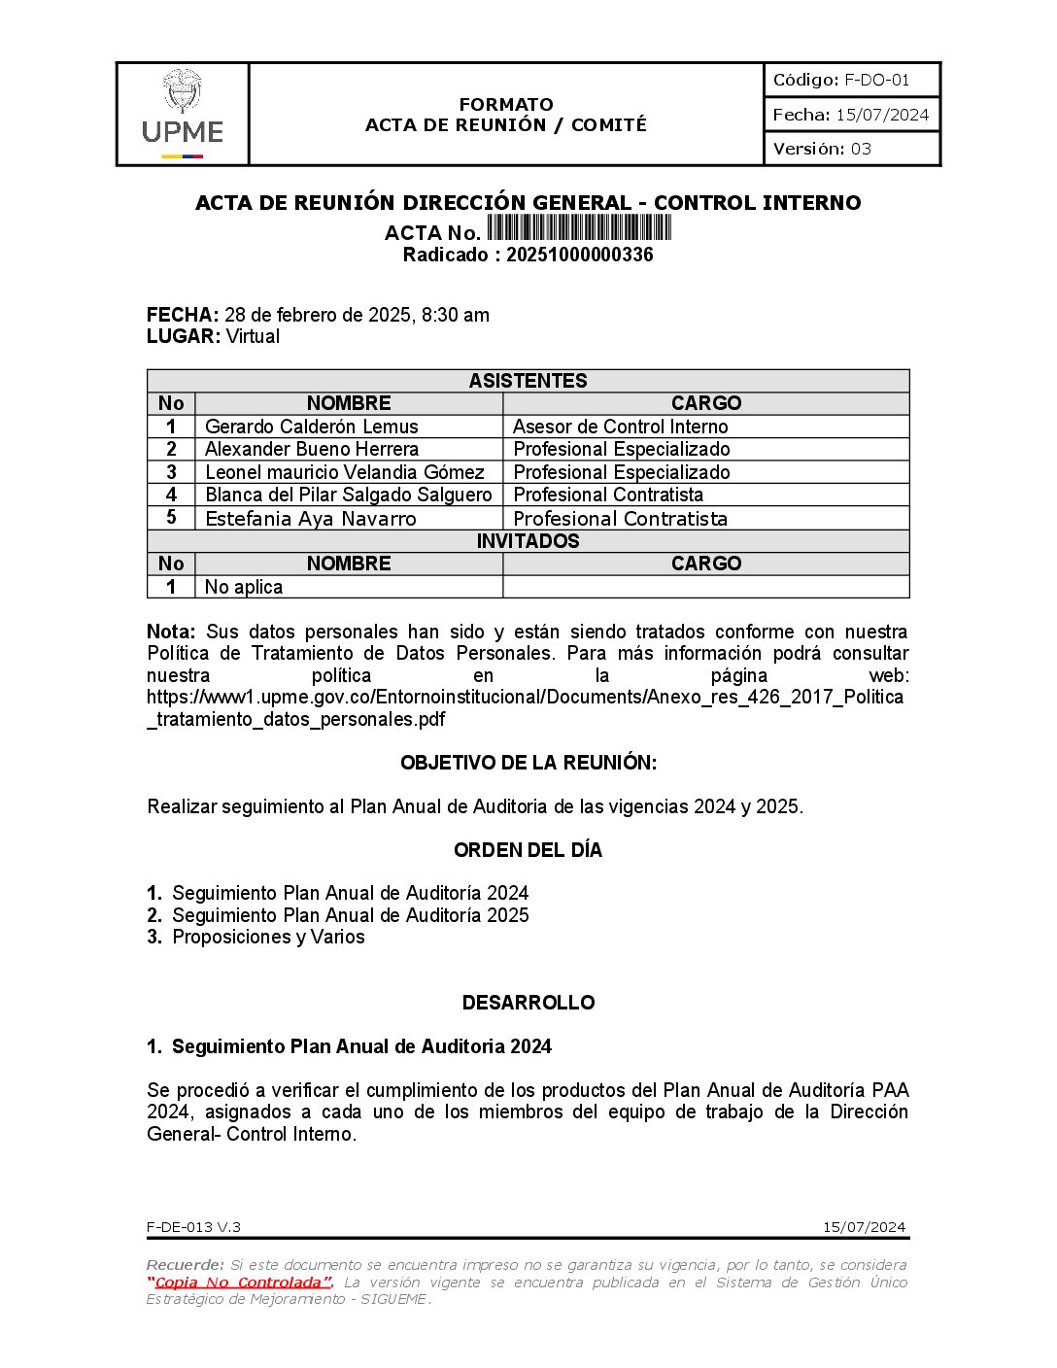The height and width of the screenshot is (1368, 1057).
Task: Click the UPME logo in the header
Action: [183, 115]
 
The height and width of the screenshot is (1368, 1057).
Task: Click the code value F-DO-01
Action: [876, 80]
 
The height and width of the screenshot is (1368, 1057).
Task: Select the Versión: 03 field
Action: [822, 149]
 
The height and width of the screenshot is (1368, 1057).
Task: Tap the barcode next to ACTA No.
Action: [579, 228]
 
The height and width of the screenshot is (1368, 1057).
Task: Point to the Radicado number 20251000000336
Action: [579, 255]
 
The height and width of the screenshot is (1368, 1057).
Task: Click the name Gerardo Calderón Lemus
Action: [312, 427]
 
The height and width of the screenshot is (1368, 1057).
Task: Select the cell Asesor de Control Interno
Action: [620, 427]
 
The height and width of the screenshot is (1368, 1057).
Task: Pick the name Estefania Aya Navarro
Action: [311, 519]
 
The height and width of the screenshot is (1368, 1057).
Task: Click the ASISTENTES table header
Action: [528, 380]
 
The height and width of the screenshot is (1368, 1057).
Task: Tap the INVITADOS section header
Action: [528, 541]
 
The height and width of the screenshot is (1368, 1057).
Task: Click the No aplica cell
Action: [244, 587]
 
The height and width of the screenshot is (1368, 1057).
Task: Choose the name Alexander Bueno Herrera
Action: [312, 449]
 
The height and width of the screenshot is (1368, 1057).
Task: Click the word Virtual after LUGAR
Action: [253, 336]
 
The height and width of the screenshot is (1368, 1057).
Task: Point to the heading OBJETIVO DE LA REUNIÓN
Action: [528, 763]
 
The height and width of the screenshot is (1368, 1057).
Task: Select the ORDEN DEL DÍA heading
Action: [528, 850]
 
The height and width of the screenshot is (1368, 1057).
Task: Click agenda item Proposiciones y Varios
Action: [268, 937]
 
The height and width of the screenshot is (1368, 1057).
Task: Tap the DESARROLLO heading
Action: [528, 1003]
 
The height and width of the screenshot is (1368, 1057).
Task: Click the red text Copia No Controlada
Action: [239, 1282]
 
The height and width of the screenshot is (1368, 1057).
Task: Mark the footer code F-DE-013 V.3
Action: [194, 1227]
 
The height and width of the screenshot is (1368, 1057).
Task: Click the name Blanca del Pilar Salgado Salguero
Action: [349, 495]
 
